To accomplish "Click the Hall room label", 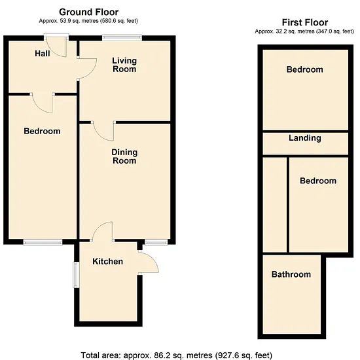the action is point(43,54).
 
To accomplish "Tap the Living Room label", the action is point(124,65).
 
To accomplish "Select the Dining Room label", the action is point(124,156).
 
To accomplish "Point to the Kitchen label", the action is point(108,261).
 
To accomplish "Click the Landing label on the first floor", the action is point(305,138).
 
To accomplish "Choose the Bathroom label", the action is point(291,274).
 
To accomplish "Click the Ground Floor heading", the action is point(88,12).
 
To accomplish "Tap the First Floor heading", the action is point(305,22).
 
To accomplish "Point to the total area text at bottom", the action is point(177,355).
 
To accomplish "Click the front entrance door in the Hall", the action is point(56,46).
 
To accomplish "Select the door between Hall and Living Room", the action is point(87,69).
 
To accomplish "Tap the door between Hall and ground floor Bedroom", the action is point(43,103).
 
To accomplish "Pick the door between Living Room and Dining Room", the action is point(103,131).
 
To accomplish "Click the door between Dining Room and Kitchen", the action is point(102,232).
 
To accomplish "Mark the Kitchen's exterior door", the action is point(149,262).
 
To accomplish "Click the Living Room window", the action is point(122,38).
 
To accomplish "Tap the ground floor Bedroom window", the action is point(43,242).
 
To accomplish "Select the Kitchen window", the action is point(76,275).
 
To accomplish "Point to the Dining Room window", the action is point(156,242).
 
